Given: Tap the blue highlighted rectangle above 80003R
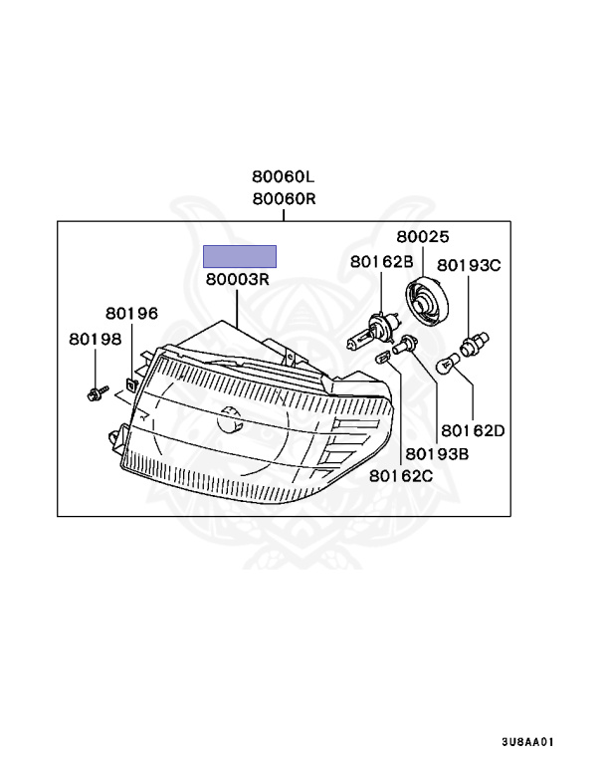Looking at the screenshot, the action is [x=240, y=257].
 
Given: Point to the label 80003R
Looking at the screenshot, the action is [x=239, y=280].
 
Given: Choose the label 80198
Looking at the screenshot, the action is [x=95, y=339].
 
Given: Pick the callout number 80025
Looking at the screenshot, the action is [x=423, y=237].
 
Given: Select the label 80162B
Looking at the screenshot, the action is [x=381, y=262].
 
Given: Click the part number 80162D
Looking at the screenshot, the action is [x=474, y=431].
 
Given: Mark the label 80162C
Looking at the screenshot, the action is [x=401, y=475].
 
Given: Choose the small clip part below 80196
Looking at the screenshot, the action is [x=130, y=382].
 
